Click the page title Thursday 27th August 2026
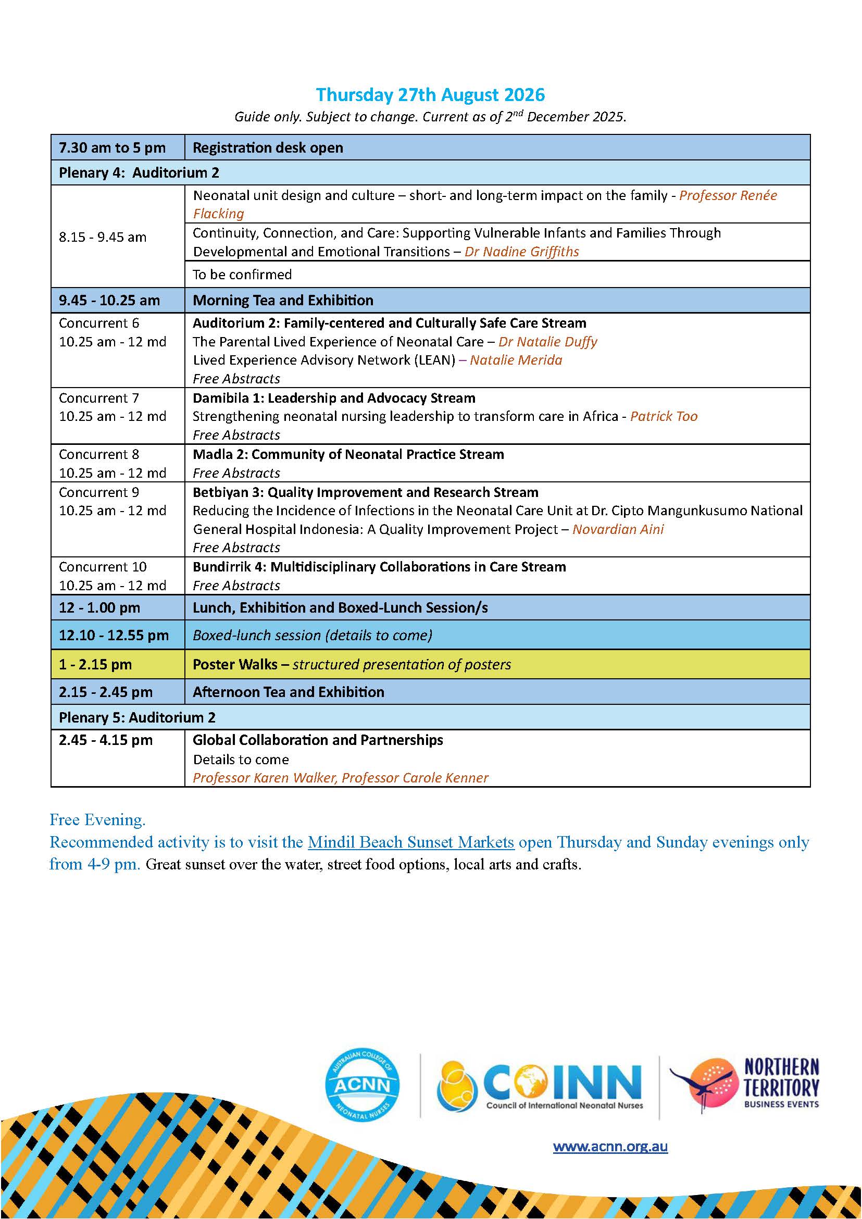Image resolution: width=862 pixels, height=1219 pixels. pos(430,95)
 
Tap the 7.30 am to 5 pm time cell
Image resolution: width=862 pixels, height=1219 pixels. pos(112,147)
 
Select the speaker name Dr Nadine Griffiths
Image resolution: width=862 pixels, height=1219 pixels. pos(521,252)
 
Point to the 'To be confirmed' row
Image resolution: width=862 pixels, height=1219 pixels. pos(242,275)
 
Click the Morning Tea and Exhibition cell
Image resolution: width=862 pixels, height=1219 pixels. pos(283,301)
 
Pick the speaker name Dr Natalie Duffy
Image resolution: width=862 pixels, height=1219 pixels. pos(548,342)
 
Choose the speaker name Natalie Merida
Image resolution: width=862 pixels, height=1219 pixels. pos(516,360)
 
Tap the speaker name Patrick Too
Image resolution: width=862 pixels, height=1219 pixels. pos(664,416)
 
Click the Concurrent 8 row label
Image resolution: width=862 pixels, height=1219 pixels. pos(99,454)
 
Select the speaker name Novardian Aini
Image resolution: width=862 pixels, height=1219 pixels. pos(618,529)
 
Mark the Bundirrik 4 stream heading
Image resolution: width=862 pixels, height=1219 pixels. pos(379,567)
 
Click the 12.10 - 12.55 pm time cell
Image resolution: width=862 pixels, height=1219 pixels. pos(114,636)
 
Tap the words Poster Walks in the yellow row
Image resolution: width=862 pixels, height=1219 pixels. pos(234,665)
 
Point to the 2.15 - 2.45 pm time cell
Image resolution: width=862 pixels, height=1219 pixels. pos(106,692)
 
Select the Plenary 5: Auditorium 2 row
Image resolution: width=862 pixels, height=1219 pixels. pos(137,718)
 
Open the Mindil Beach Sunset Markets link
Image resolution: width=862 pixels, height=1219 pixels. pos(411,842)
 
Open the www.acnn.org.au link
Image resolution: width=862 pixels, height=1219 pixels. pos(610,1146)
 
